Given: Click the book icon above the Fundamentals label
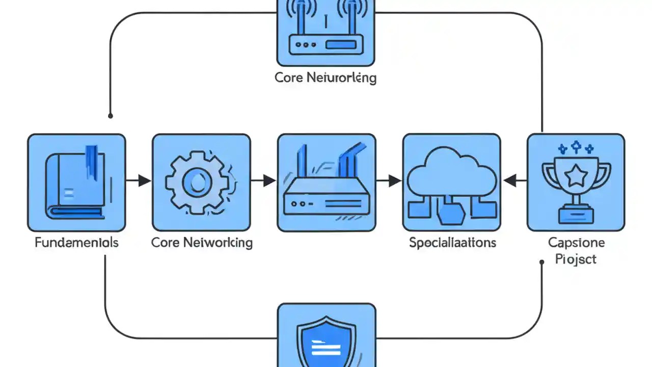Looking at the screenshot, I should point(76,182).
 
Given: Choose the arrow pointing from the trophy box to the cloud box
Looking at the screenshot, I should point(514,180).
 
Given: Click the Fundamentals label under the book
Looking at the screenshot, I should point(76,242).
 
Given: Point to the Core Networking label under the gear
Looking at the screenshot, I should point(202,242).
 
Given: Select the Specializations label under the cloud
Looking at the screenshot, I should point(452,242).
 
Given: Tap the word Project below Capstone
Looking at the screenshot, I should point(576,259).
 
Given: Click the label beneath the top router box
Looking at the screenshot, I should point(325,77).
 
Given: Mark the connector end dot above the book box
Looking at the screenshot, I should point(111,116).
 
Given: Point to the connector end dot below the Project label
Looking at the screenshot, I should point(541,262).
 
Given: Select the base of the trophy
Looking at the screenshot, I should point(576,214).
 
